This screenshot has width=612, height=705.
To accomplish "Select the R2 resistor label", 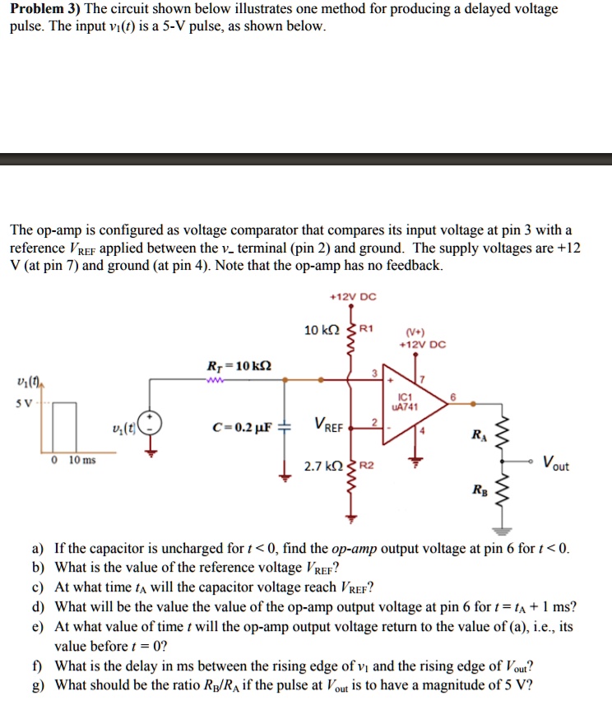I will [x=366, y=466].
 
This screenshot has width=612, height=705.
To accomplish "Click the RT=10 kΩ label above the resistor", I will [x=239, y=364].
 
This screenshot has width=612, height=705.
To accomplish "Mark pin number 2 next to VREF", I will [x=374, y=421].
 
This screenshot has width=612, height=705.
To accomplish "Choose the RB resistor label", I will [x=479, y=491].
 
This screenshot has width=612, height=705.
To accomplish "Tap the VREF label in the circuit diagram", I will [x=328, y=425].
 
